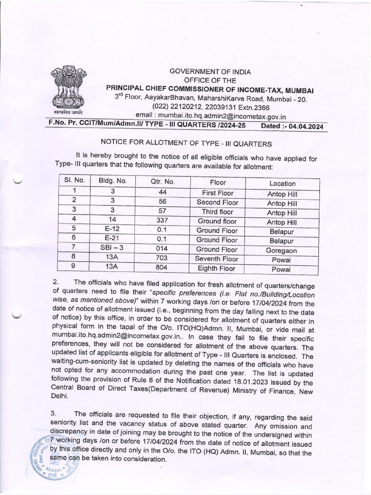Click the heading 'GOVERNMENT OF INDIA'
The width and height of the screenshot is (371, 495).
(210, 72)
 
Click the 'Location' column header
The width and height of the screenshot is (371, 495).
(282, 183)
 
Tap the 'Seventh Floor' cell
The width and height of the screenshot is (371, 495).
(217, 259)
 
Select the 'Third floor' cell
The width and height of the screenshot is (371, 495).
(217, 212)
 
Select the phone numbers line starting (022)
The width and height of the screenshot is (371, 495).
(211, 107)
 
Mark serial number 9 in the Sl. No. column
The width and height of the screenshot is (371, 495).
(74, 268)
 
